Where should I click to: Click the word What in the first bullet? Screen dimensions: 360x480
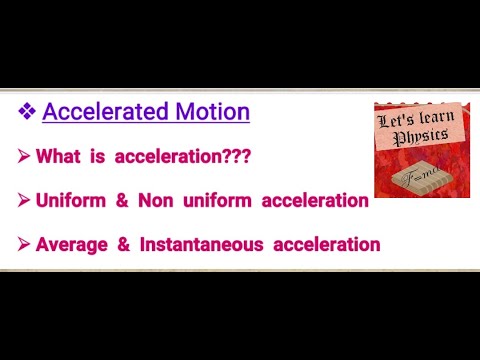click(57, 157)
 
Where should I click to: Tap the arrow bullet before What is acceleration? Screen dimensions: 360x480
click(23, 157)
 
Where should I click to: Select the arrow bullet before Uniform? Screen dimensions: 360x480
click(23, 201)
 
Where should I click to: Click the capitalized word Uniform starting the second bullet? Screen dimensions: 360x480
click(71, 201)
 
